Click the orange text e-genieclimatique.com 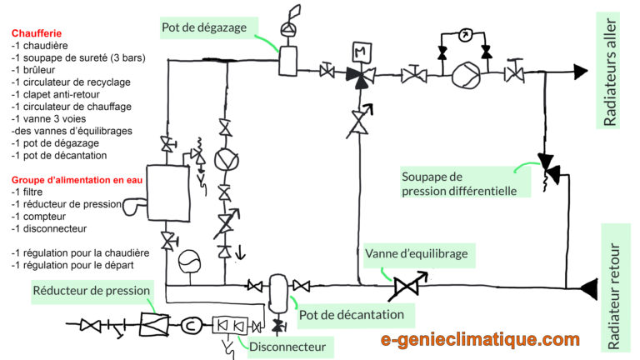pyautogui.click(x=479, y=339)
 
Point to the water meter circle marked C pyautogui.click(x=189, y=324)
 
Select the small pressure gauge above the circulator pyautogui.click(x=465, y=36)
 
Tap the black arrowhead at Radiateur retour pyautogui.click(x=588, y=288)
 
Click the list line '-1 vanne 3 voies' pyautogui.click(x=51, y=118)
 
